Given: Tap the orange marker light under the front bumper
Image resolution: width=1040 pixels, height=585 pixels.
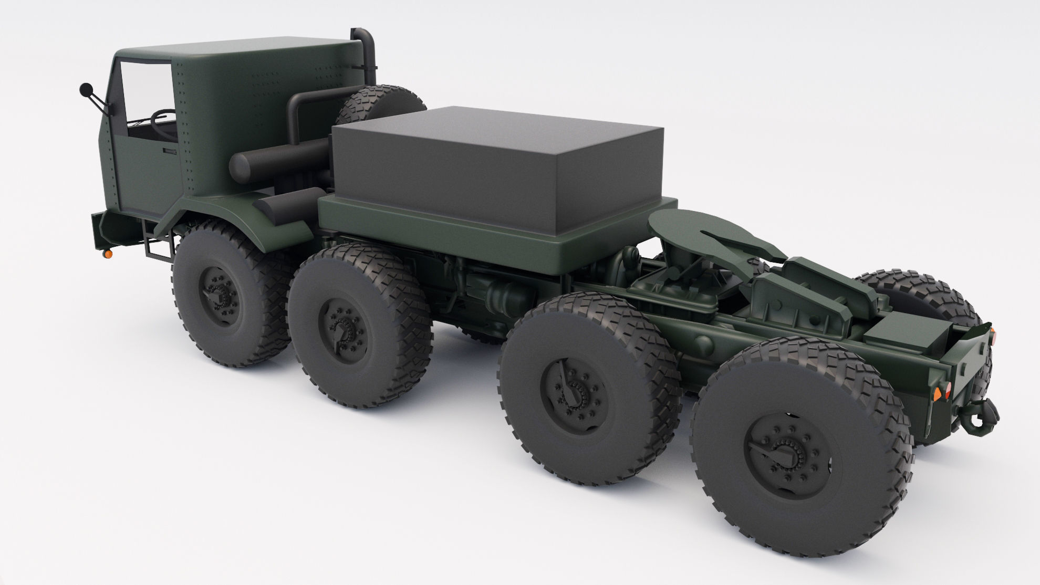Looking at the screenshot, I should (x=109, y=254).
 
